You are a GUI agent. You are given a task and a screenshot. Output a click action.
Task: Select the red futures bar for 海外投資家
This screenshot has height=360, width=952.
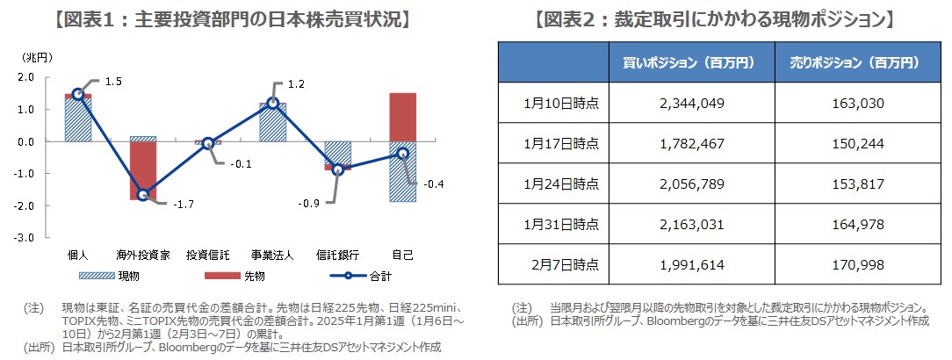click(143, 170)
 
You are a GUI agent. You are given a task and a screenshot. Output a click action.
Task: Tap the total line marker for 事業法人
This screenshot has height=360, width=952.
click(273, 103)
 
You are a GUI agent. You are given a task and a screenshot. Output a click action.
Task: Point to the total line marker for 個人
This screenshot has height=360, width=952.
click(78, 94)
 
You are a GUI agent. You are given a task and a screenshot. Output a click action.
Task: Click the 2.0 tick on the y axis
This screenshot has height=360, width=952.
click(26, 77)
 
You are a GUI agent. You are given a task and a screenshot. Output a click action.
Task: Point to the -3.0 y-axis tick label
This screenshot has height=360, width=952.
click(25, 238)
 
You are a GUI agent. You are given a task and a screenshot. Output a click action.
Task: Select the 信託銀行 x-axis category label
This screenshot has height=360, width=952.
click(337, 256)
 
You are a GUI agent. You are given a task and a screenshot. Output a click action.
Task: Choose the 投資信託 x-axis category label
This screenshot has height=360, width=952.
click(208, 256)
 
